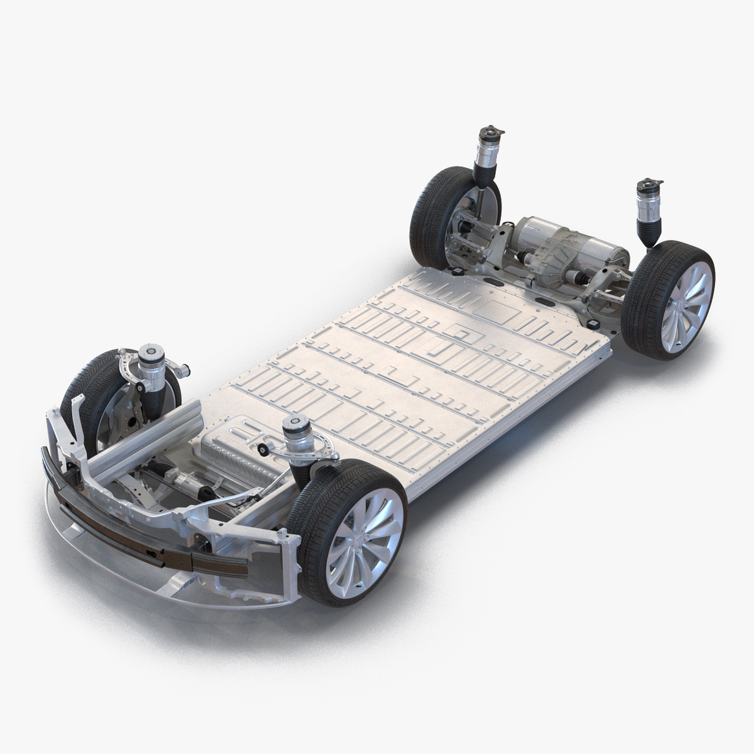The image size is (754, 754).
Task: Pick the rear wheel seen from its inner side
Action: coord(440,214)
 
